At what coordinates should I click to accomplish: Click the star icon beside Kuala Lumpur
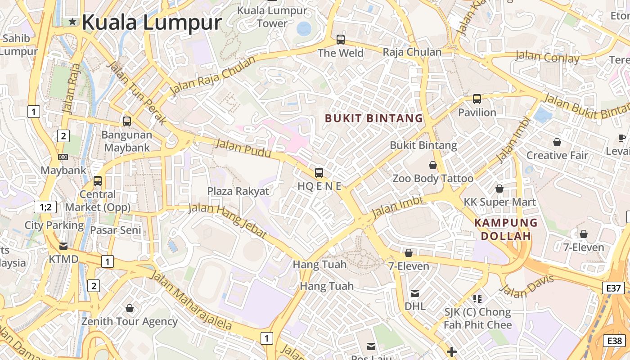(72, 22)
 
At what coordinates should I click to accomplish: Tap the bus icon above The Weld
(341, 40)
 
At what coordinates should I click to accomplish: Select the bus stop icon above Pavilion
(477, 99)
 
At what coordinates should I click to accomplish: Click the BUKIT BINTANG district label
(374, 118)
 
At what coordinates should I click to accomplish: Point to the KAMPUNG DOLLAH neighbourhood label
(506, 229)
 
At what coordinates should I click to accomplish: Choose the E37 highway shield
(613, 288)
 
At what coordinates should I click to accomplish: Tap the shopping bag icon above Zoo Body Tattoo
(433, 165)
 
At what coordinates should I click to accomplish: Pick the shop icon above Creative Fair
(557, 142)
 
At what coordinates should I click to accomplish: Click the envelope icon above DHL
(415, 293)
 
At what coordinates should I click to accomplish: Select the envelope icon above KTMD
(63, 246)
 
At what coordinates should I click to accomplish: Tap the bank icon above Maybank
(63, 157)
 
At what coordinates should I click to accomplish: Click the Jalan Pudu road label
(243, 148)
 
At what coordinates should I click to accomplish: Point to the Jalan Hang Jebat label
(228, 220)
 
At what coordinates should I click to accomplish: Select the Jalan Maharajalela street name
(191, 300)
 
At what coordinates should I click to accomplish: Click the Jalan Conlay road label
(547, 57)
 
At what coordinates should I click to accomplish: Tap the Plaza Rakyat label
(238, 191)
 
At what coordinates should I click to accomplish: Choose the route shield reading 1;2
(45, 207)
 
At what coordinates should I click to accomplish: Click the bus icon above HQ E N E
(319, 172)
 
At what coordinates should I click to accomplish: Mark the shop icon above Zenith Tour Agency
(130, 308)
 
